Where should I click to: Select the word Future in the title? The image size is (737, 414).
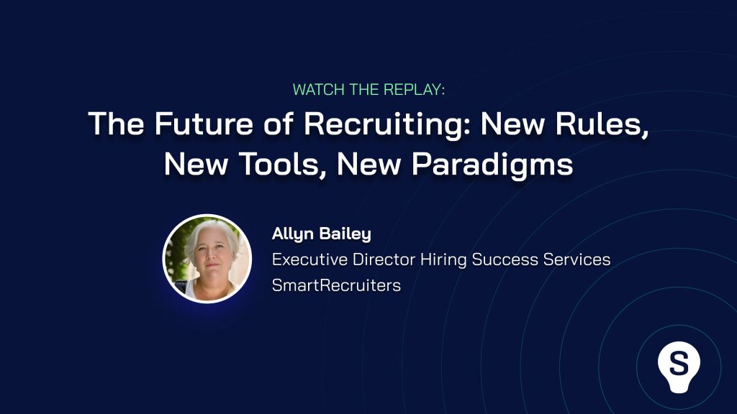click(x=204, y=124)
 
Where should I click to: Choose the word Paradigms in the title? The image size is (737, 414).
click(x=492, y=165)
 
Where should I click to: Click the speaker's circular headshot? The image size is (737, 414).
click(x=207, y=259)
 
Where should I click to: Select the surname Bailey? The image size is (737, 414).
click(x=345, y=234)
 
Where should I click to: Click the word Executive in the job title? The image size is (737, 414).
click(x=309, y=259)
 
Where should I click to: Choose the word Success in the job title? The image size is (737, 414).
click(x=505, y=259)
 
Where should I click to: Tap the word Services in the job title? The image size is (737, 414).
click(x=577, y=259)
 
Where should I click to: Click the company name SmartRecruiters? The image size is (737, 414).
click(x=337, y=285)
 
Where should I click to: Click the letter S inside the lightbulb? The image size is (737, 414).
click(x=679, y=363)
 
